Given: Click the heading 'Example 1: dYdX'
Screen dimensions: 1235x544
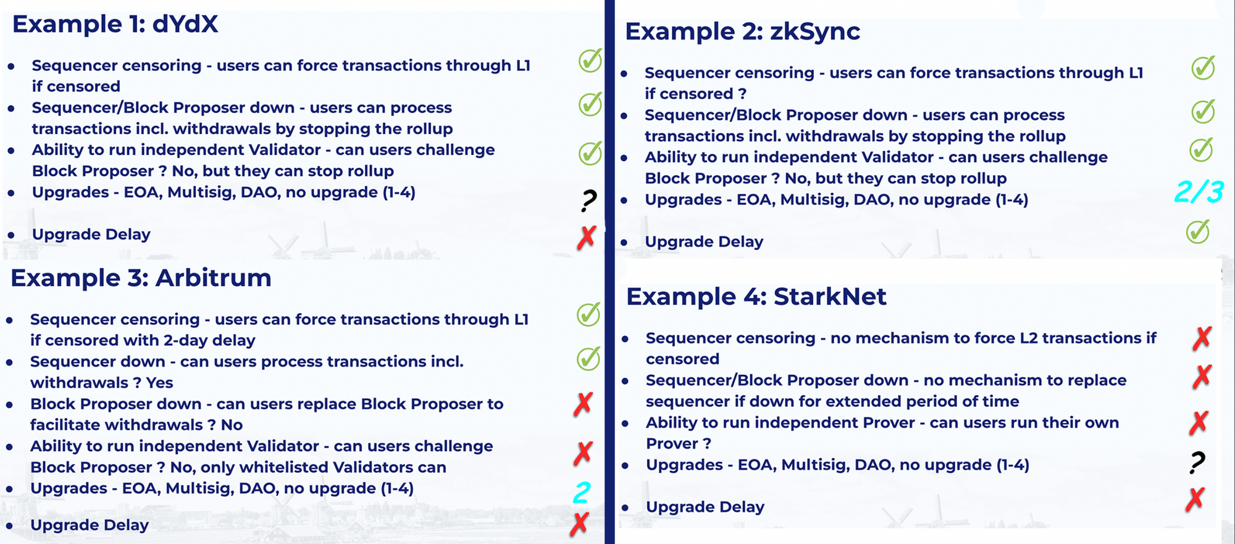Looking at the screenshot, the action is pos(115,24).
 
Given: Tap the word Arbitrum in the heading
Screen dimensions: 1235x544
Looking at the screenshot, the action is pos(213,278).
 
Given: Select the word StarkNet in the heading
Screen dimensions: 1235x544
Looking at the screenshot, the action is pos(830,297).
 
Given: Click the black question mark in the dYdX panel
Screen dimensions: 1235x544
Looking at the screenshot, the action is pos(588,200).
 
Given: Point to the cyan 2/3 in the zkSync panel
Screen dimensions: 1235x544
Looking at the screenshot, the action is pos(1199,191).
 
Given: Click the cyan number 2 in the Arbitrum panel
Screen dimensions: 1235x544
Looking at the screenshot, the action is pos(582,493).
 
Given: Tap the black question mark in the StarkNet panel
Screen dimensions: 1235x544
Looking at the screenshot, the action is pos(1197,462).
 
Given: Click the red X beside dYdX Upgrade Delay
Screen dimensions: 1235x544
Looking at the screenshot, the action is pos(587,237).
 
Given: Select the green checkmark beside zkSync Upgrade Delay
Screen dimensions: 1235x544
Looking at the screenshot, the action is pos(1198,232).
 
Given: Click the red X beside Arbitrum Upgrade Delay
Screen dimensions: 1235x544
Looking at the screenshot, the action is pos(579,524).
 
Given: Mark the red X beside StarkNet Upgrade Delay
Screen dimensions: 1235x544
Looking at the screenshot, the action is pos(1195,499).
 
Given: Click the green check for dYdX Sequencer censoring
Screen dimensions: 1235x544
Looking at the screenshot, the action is pos(590,61).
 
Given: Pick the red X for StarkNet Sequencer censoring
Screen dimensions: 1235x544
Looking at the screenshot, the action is pos(1202,338).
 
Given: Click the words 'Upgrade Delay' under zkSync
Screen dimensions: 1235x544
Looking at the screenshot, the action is pos(704,242).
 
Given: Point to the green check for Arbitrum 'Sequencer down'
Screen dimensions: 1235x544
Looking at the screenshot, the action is pos(588,358).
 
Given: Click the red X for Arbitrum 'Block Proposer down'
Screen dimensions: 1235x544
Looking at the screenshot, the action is pos(583,404).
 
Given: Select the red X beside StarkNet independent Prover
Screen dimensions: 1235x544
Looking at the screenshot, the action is pos(1199,423).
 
